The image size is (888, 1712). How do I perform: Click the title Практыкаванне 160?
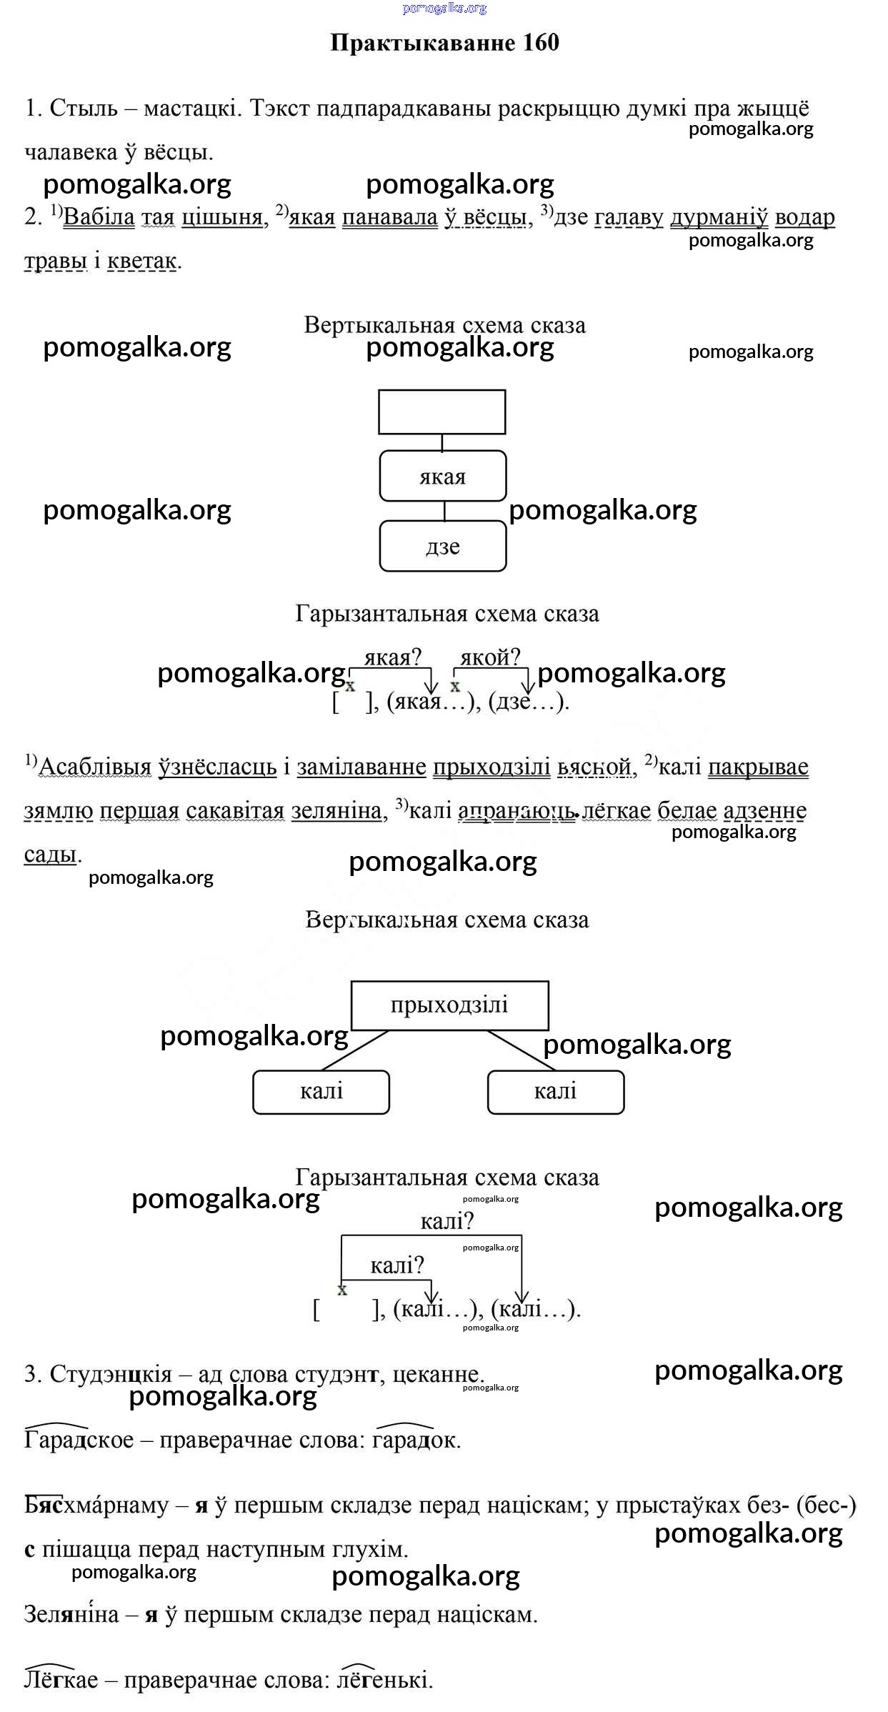(x=444, y=43)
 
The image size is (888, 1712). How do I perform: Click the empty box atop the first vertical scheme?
(x=441, y=412)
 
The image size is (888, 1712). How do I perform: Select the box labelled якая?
(x=442, y=476)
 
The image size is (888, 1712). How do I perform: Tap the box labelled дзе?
(x=442, y=547)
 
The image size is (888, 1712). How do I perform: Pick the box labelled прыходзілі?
(x=449, y=1005)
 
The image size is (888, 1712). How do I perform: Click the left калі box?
(x=321, y=1092)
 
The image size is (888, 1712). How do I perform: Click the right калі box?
(x=555, y=1092)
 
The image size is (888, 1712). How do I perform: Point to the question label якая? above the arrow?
(x=393, y=657)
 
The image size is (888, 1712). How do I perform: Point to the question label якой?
(x=490, y=657)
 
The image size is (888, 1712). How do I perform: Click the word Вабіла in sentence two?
(x=99, y=217)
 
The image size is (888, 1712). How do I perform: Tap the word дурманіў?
(x=719, y=217)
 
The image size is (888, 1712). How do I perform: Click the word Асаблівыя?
(x=94, y=767)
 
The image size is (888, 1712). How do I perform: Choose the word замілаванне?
(x=361, y=767)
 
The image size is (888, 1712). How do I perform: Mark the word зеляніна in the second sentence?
(x=336, y=811)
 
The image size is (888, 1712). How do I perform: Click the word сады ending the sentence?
(x=50, y=855)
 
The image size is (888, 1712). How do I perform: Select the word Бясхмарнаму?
(x=96, y=1506)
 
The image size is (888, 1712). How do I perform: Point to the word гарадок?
(x=415, y=1440)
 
